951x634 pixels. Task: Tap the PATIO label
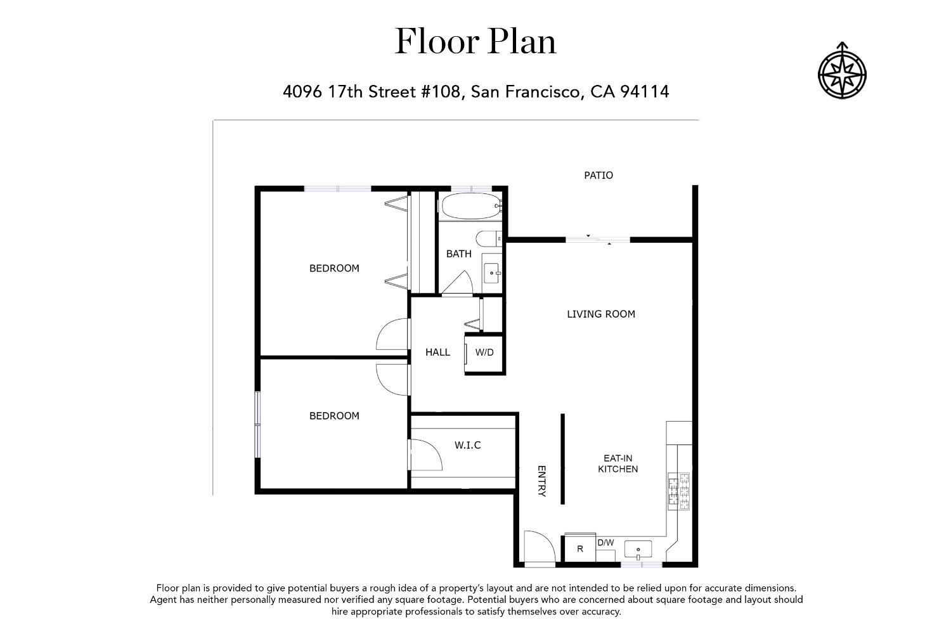(598, 175)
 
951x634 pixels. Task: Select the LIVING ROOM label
(600, 314)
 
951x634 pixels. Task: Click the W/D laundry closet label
(484, 353)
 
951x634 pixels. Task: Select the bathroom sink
(492, 273)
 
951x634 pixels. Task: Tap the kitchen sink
(638, 549)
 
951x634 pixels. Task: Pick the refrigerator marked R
(579, 549)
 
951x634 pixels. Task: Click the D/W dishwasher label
(605, 543)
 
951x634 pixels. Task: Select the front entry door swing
(539, 546)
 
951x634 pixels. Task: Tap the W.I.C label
(467, 445)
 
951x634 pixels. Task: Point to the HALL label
(437, 352)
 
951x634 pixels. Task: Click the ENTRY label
(541, 482)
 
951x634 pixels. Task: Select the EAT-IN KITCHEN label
(618, 463)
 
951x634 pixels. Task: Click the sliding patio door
(598, 240)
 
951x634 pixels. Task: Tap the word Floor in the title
(437, 42)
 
